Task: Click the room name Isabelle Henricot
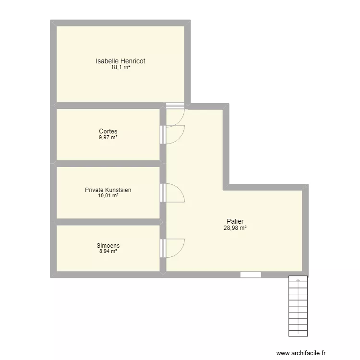(x=120, y=61)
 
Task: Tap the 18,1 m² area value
(x=120, y=67)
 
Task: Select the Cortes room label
(x=108, y=131)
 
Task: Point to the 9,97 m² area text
(x=108, y=138)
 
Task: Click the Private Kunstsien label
(x=108, y=190)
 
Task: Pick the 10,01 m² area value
(x=108, y=196)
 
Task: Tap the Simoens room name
(x=108, y=245)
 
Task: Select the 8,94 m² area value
(x=108, y=251)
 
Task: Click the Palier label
(x=235, y=221)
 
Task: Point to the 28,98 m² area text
(x=235, y=228)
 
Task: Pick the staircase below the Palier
(x=298, y=306)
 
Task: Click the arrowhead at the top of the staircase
(x=298, y=280)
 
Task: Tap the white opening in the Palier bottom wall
(x=251, y=275)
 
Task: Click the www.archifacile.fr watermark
(x=301, y=353)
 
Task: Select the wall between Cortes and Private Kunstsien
(x=108, y=164)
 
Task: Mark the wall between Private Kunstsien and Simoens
(x=108, y=222)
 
